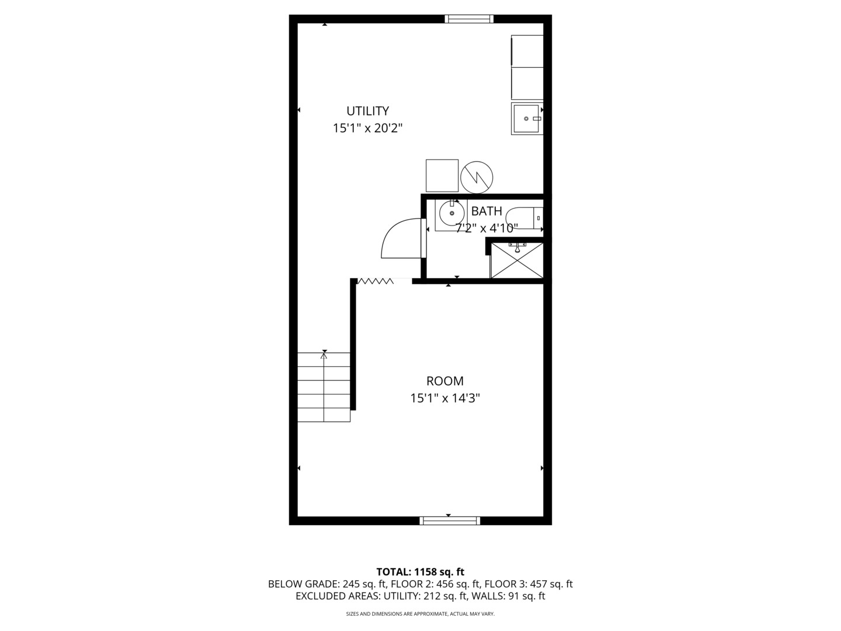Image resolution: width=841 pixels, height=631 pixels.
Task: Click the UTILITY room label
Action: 367,111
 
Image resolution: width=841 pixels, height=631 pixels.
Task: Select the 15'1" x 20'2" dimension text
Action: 367,129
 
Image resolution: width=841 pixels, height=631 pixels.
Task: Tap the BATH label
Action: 486,211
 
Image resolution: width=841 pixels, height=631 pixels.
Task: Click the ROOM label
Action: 444,382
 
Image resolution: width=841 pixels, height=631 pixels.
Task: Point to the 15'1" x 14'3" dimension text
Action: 444,398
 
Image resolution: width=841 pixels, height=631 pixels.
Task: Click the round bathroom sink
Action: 451,213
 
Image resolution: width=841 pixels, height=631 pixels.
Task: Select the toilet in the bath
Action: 524,219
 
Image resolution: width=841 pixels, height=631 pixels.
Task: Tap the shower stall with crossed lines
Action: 516,260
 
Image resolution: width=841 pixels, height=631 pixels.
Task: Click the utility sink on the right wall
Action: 527,119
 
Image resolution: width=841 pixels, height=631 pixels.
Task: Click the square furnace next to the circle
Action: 442,175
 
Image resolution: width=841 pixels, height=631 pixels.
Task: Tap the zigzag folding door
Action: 376,282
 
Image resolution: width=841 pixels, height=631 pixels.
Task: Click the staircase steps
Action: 324,387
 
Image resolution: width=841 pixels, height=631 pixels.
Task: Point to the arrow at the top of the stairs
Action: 324,353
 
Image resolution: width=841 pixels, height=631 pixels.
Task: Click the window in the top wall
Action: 469,19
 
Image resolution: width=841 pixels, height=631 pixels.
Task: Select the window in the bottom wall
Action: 450,521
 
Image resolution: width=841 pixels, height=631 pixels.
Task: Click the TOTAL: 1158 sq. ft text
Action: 420,571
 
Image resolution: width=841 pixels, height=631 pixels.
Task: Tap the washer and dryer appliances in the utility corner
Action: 527,67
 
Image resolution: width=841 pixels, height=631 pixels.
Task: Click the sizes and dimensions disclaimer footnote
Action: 420,614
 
